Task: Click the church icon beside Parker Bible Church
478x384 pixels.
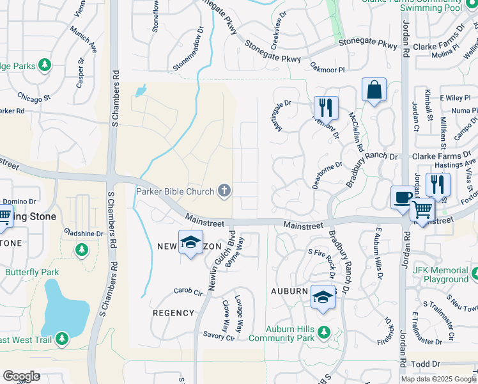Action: (224, 190)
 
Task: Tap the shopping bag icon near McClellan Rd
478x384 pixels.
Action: (374, 90)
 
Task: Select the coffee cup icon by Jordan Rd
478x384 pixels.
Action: (403, 197)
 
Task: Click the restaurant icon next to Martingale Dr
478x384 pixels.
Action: (326, 108)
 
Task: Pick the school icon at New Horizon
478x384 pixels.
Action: (190, 242)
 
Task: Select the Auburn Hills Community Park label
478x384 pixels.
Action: (281, 333)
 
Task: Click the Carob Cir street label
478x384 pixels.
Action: (188, 291)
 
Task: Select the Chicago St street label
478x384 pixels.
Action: (34, 98)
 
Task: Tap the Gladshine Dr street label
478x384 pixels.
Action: (83, 234)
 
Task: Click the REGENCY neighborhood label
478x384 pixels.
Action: (173, 313)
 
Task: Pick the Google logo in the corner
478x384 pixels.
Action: (21, 376)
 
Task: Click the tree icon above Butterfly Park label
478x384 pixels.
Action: (81, 249)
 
